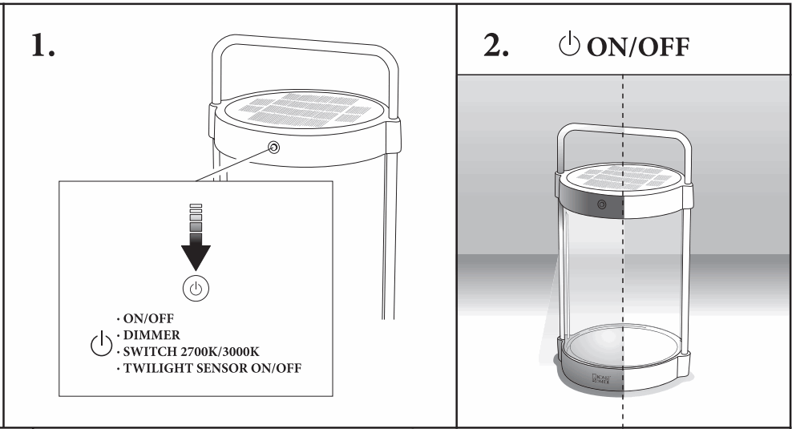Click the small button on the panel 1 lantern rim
274,148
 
